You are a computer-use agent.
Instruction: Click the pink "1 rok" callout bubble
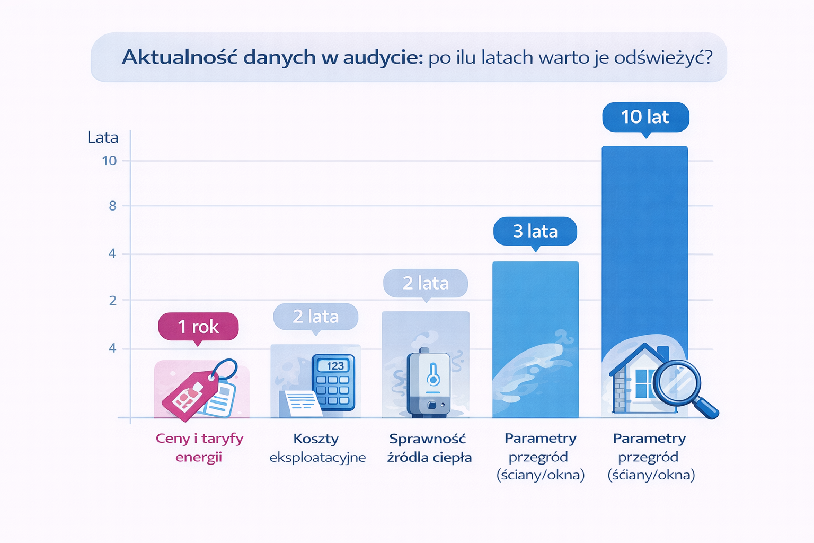(x=198, y=326)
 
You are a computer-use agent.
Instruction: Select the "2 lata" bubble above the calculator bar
(x=315, y=317)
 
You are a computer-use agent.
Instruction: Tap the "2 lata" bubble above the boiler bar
(x=426, y=283)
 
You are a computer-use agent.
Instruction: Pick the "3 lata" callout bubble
(x=535, y=231)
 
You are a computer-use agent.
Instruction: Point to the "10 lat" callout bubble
(x=645, y=117)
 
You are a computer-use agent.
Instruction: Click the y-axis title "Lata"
(x=103, y=137)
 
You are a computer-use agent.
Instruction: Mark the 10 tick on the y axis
(x=109, y=161)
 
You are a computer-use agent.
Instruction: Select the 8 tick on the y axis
(x=112, y=206)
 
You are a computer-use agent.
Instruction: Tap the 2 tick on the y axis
(x=112, y=300)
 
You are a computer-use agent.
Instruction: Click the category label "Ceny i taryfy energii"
(x=199, y=448)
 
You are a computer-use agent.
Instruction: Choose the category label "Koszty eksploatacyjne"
(x=317, y=448)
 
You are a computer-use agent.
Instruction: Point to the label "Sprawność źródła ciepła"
(x=428, y=448)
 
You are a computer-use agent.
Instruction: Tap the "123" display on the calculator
(x=334, y=366)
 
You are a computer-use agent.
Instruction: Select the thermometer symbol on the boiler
(x=433, y=374)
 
